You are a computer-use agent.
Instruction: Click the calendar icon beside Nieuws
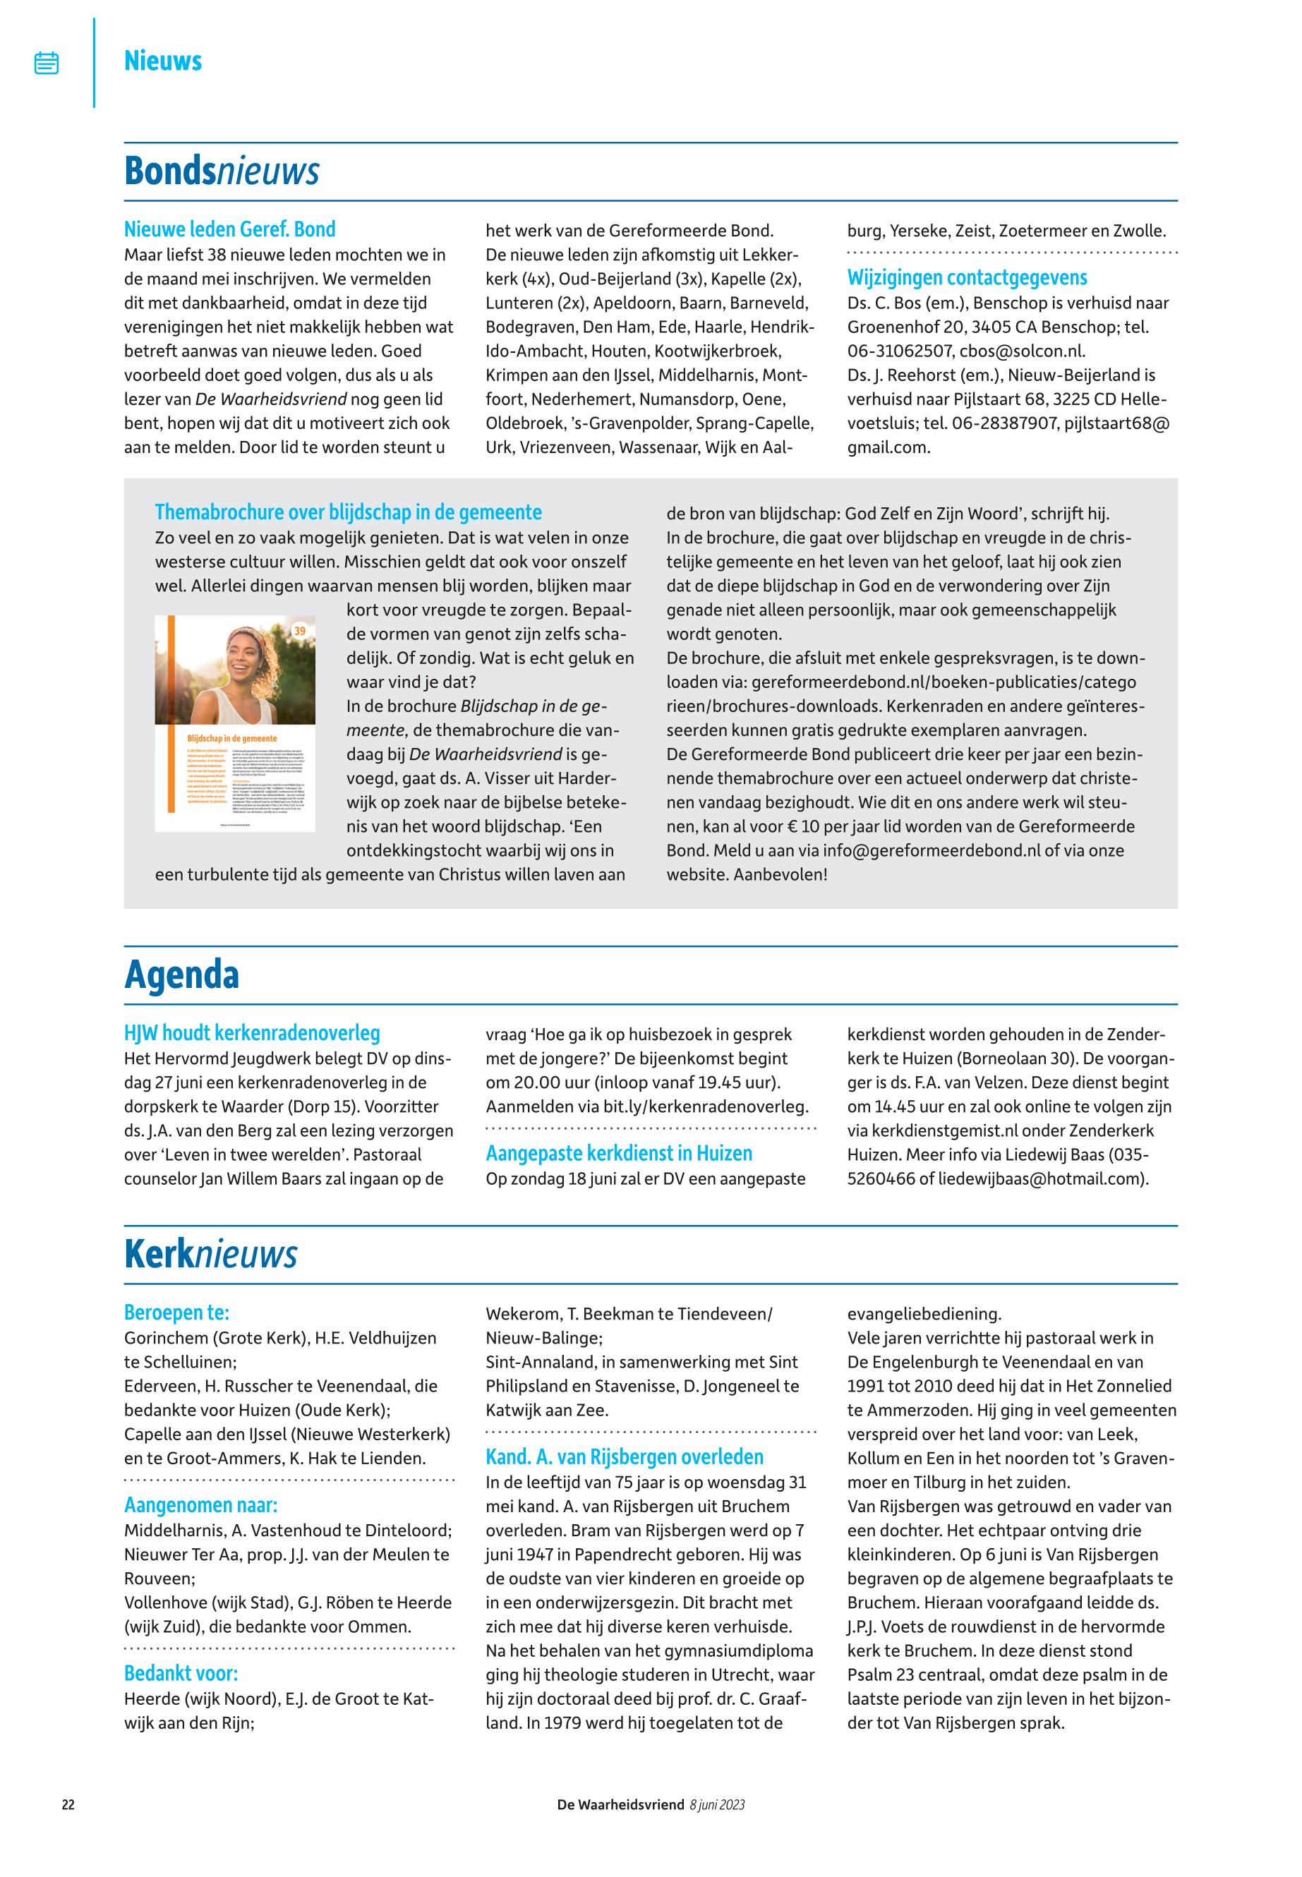(47, 63)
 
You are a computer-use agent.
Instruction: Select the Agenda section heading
(181, 974)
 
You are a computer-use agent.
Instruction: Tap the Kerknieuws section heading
(210, 1254)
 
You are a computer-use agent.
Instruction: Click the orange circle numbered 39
(299, 631)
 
